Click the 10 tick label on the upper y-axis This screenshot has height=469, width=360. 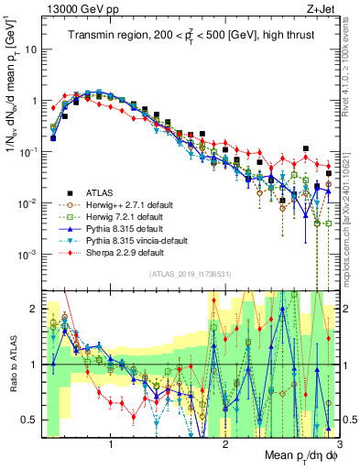[30, 49]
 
